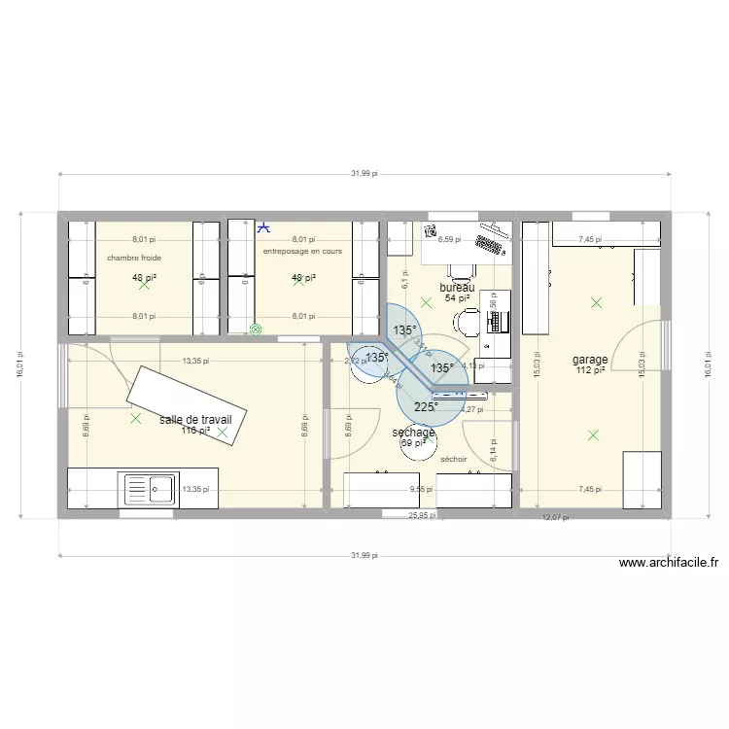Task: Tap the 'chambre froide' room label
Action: [x=134, y=258]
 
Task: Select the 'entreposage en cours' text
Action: [x=302, y=251]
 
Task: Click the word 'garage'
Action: [x=590, y=360]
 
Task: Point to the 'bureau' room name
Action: [x=457, y=288]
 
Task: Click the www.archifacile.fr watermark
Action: [x=668, y=562]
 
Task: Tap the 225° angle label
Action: [x=426, y=407]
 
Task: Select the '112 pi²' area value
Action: [x=590, y=369]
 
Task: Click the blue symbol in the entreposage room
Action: [x=262, y=228]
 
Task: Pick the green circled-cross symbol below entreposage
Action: [x=256, y=330]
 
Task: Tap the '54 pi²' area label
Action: [x=457, y=298]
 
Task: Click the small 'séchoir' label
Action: [x=454, y=459]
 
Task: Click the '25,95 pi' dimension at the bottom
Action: [x=421, y=515]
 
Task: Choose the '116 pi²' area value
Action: [x=194, y=430]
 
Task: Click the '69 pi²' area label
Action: [x=413, y=443]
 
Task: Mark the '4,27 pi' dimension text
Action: [x=471, y=409]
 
